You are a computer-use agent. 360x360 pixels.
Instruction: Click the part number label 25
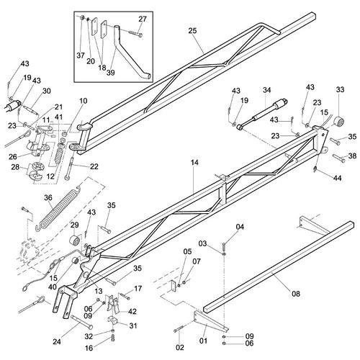192,31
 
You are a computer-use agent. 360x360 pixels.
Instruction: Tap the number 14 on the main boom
194,163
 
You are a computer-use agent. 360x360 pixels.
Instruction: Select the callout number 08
296,294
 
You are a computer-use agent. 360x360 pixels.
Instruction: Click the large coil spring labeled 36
60,207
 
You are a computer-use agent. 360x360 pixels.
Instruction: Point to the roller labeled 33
340,122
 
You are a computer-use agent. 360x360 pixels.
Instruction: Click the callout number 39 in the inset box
111,73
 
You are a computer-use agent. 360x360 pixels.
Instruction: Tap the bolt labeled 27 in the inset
135,33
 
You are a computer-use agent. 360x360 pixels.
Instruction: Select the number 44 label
337,178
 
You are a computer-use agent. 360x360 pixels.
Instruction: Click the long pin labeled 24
82,323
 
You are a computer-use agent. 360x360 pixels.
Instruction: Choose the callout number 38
352,156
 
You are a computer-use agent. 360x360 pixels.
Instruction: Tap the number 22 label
94,166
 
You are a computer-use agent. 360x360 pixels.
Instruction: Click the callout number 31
133,325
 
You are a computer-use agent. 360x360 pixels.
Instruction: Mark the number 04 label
240,227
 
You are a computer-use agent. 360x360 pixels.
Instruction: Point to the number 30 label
47,91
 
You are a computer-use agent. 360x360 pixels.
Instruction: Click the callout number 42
132,311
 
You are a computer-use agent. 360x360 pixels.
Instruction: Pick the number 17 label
138,289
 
